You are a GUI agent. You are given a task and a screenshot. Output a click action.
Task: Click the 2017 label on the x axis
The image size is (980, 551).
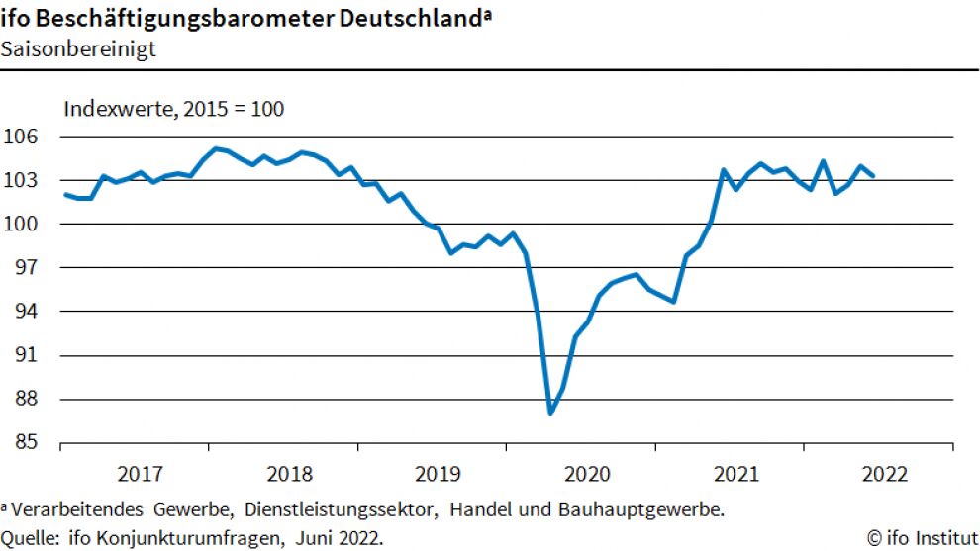[x=140, y=473]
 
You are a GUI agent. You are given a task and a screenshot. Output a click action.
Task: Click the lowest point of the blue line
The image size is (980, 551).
[x=550, y=413]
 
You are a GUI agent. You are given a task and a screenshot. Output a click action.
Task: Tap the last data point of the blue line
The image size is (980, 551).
[x=872, y=175]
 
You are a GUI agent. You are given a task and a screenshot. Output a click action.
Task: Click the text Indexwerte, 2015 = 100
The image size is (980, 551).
[x=174, y=109]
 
